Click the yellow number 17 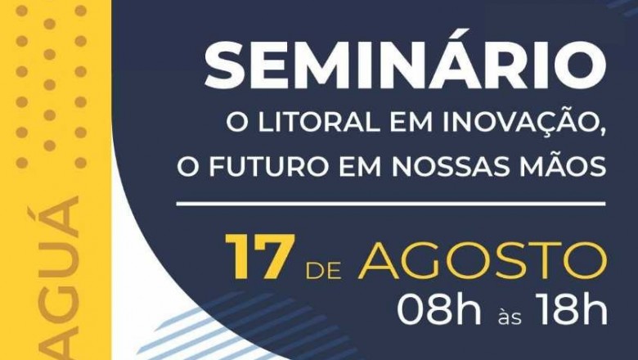point(258,258)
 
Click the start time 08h point(438,309)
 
